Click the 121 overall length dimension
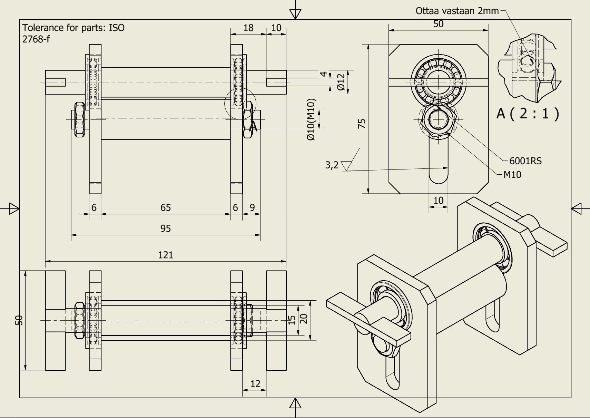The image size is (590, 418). (x=166, y=255)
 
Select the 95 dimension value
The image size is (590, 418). (x=166, y=229)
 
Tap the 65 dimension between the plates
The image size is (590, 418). (x=166, y=207)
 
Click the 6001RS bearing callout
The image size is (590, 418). (x=525, y=161)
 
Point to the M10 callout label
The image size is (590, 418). (x=512, y=175)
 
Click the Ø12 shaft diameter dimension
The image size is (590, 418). (x=341, y=82)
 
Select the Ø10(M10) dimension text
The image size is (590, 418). (x=311, y=119)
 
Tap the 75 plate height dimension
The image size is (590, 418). (x=362, y=124)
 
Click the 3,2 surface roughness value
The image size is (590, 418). (x=332, y=165)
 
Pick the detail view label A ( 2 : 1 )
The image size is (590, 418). (x=528, y=113)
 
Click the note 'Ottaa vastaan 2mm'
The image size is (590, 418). (x=457, y=11)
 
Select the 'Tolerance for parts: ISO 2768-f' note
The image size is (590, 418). (x=73, y=33)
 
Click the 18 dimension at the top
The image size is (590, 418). (x=248, y=28)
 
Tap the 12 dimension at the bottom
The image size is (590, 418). (x=255, y=383)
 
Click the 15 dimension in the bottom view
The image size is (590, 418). (x=292, y=320)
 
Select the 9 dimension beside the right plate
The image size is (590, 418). (x=252, y=207)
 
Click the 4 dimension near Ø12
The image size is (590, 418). (x=323, y=74)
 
